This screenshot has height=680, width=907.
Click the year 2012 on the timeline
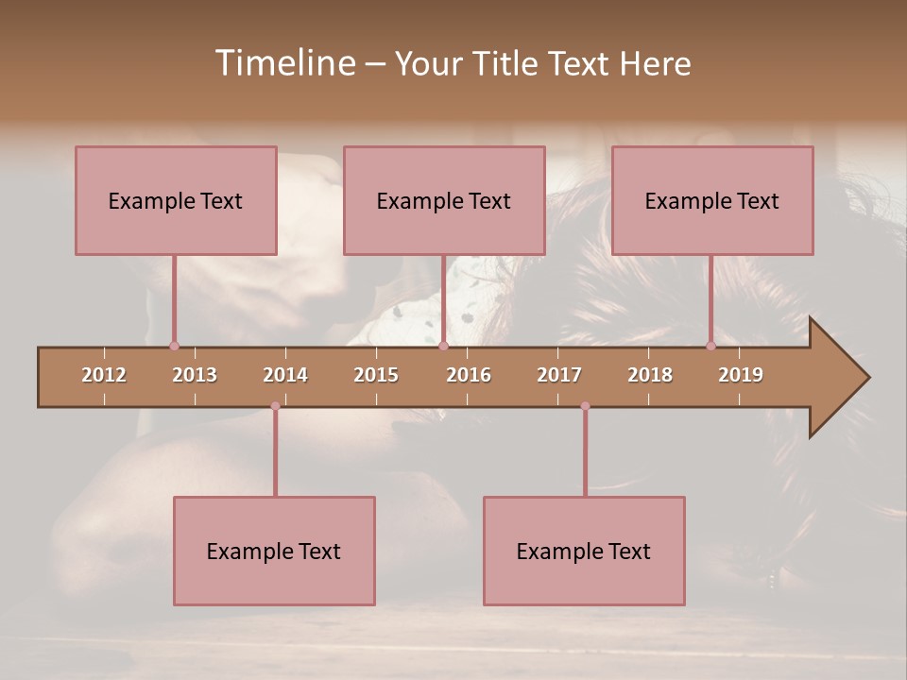point(104,375)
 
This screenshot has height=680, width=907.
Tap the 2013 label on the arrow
point(195,375)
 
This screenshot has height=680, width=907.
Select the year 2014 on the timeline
point(285,375)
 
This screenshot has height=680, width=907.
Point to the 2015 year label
point(376,375)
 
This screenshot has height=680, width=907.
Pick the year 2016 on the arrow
point(469,375)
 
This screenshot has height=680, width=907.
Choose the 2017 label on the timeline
point(559,375)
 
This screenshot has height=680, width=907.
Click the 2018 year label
point(650,375)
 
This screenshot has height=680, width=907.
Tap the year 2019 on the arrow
point(741,375)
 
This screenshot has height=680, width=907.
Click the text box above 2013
point(176,200)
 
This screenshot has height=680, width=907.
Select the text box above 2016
point(444,200)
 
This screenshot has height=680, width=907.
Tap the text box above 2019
point(712,200)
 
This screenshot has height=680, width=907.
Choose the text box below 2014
point(274,551)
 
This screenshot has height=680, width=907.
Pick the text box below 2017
point(584,551)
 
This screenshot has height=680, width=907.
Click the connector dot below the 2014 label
point(275,406)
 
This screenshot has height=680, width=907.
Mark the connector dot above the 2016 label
point(443,346)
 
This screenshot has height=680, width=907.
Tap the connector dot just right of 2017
point(585,406)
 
